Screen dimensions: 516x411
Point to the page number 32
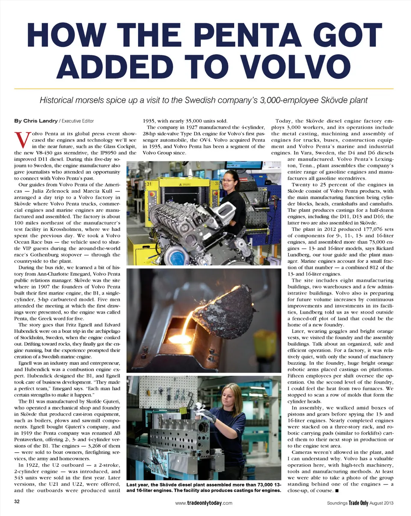pyautogui.click(x=18, y=502)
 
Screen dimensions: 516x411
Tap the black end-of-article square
pyautogui.click(x=338, y=490)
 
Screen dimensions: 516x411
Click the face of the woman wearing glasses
pyautogui.click(x=229, y=178)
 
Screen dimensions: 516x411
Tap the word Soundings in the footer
pyautogui.click(x=335, y=502)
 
